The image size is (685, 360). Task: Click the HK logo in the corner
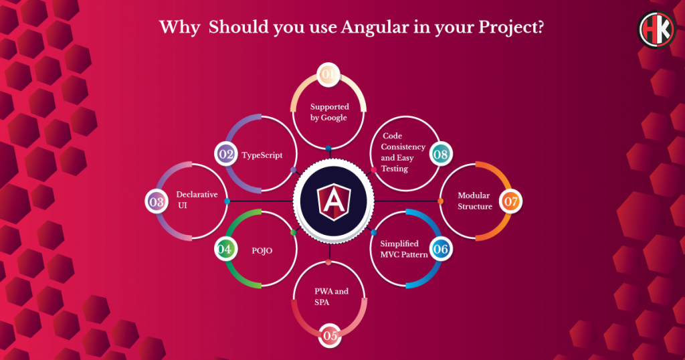point(657,29)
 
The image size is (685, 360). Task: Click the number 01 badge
point(328,74)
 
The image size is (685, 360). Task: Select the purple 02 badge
point(226,154)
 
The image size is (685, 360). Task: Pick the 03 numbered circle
point(157,202)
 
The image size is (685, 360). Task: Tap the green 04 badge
point(225,249)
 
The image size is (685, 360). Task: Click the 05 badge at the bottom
point(330,335)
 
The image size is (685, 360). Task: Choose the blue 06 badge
point(440,249)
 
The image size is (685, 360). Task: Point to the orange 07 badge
point(510,201)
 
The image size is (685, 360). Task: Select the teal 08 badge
point(440,154)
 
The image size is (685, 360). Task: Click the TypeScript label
point(262,155)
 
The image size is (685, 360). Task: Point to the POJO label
point(262,251)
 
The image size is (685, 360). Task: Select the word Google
point(334,118)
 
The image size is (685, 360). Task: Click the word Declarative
point(197,195)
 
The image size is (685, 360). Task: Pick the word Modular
point(474,195)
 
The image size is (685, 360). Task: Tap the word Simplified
point(399,244)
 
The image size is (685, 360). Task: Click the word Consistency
point(403,147)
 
